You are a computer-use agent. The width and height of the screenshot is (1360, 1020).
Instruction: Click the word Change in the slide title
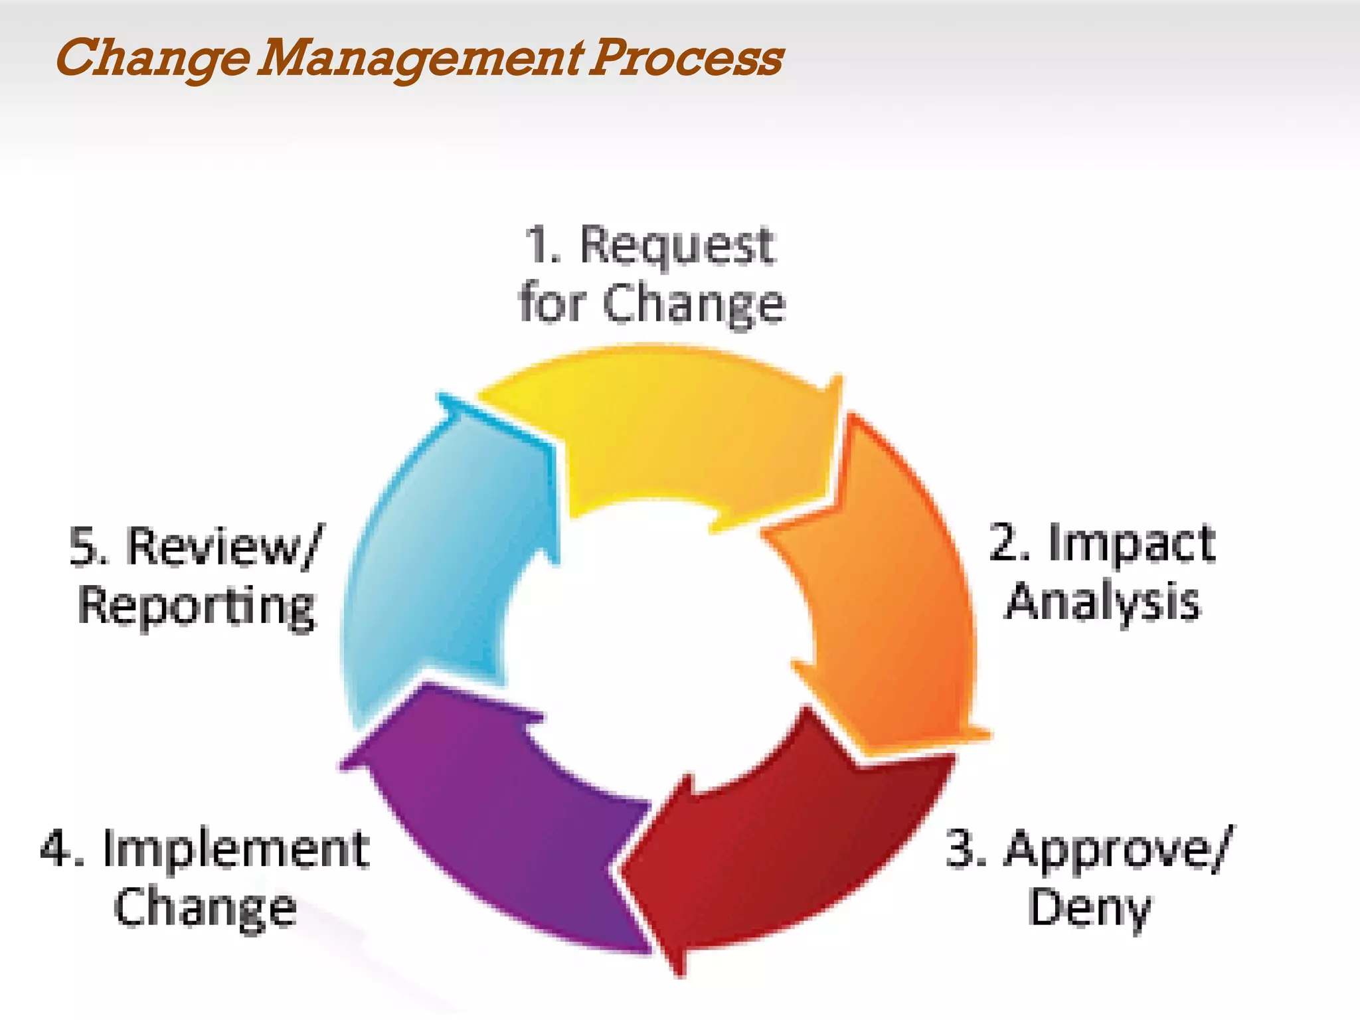[153, 58]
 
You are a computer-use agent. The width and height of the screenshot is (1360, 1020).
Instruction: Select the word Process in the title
[687, 58]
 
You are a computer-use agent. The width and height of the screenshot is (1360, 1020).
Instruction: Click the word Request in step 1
[677, 246]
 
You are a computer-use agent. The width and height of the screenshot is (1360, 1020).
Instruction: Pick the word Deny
[1089, 908]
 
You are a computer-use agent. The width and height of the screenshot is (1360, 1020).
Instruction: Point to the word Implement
[236, 850]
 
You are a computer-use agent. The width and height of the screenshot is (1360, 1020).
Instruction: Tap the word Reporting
[197, 606]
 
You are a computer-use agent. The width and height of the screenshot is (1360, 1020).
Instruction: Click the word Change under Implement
[205, 908]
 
